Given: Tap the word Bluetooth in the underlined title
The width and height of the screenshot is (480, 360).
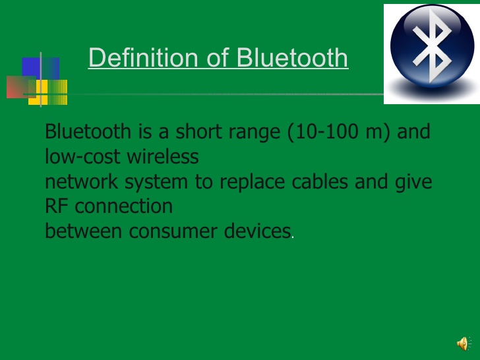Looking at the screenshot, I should [x=292, y=58].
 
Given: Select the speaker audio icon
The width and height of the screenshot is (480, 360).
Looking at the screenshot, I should [x=463, y=343].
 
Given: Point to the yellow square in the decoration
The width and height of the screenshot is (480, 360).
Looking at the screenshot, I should [x=52, y=93].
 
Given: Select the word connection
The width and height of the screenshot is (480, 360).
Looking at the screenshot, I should [x=124, y=206].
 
